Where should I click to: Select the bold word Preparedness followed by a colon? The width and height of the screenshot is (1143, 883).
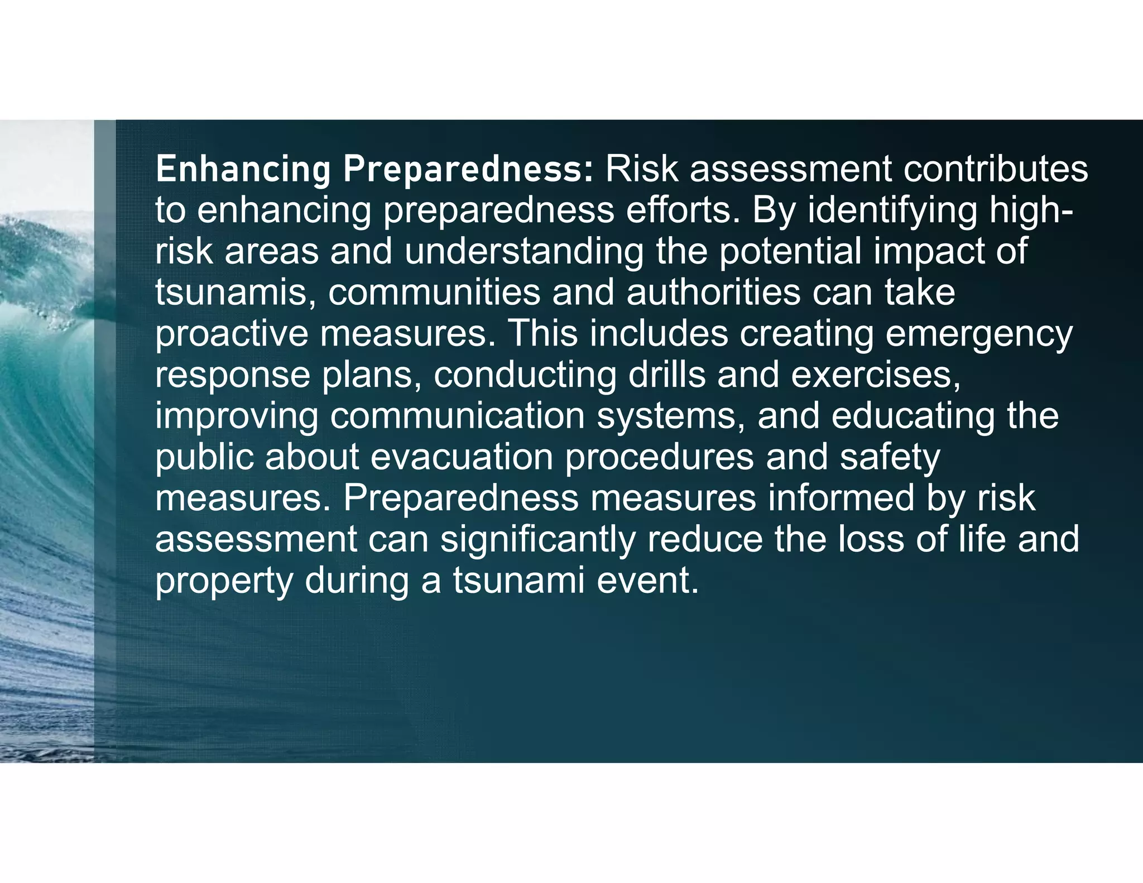[x=469, y=169]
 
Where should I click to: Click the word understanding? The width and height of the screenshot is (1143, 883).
[x=524, y=252]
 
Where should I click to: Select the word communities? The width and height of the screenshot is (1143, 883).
[x=434, y=292]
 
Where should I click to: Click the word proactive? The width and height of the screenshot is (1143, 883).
[x=232, y=334]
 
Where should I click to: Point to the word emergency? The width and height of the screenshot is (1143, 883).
[x=979, y=334]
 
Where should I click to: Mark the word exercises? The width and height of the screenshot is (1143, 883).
[x=876, y=375]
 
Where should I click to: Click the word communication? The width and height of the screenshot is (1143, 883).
[x=457, y=416]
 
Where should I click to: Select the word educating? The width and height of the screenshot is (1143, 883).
[x=913, y=416]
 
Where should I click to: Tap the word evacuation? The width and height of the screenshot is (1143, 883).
[x=462, y=457]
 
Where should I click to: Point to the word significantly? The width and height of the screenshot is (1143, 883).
[x=538, y=539]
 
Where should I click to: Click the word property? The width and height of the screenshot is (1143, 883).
[x=224, y=580]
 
